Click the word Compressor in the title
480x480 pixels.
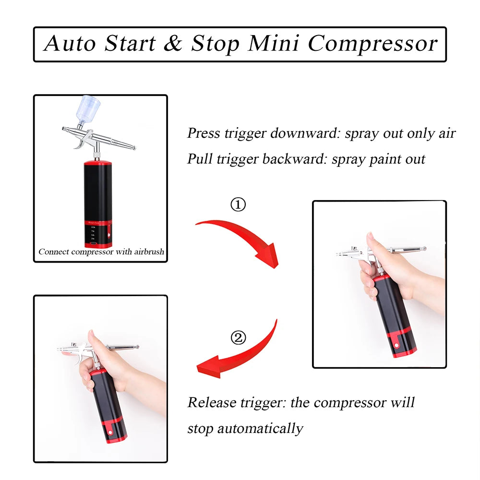[372, 44]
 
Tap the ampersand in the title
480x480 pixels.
[172, 44]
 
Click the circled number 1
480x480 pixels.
[238, 205]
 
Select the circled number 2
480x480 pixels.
[238, 338]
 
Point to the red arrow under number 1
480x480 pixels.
[240, 238]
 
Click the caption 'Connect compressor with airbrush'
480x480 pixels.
[101, 252]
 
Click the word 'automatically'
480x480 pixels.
[260, 428]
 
